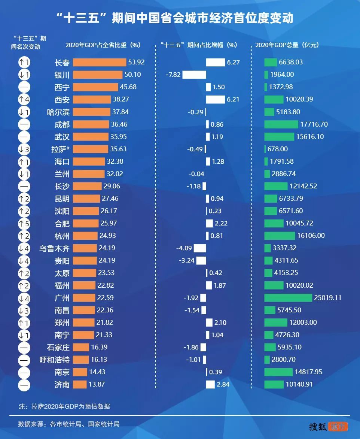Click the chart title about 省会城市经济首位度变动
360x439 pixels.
click(x=180, y=18)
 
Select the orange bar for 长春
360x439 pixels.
click(x=100, y=62)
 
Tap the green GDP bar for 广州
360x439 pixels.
click(x=288, y=298)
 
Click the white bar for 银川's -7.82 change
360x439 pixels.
click(x=194, y=75)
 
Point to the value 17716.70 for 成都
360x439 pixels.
click(x=314, y=124)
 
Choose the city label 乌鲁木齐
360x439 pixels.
click(x=55, y=248)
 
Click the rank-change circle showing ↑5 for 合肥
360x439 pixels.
click(x=24, y=224)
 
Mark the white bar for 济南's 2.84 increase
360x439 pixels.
click(x=210, y=384)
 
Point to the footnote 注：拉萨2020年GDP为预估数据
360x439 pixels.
click(x=64, y=406)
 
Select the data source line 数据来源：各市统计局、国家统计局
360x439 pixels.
click(x=69, y=424)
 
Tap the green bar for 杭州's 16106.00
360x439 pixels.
click(x=280, y=236)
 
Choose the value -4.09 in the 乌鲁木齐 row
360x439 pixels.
click(x=183, y=248)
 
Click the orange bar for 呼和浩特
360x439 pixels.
click(x=81, y=360)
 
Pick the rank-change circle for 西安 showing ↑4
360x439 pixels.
click(x=24, y=100)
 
